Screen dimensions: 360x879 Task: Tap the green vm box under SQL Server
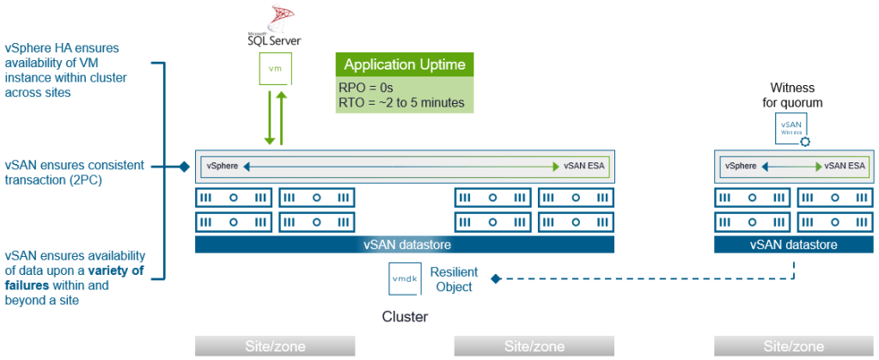click(x=273, y=67)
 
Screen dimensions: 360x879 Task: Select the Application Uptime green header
click(x=404, y=64)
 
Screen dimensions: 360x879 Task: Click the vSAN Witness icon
click(x=790, y=130)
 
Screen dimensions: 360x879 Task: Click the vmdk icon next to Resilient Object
click(x=403, y=279)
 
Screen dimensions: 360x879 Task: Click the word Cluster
click(x=405, y=317)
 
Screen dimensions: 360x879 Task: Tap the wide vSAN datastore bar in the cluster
click(x=404, y=245)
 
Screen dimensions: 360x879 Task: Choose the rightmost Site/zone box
click(x=793, y=346)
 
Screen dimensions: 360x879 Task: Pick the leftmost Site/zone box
click(x=274, y=346)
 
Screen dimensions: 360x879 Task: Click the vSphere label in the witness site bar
click(x=740, y=166)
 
